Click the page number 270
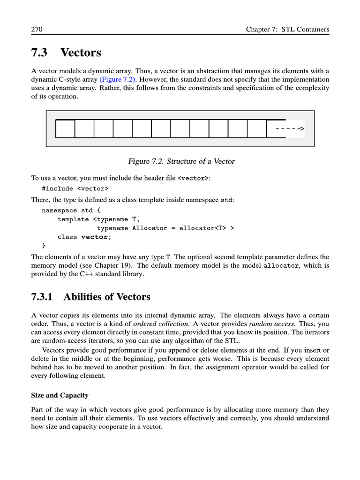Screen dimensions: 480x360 point(37,30)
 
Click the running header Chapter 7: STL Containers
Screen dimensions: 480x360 point(287,30)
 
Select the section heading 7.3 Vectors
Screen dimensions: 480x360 point(66,52)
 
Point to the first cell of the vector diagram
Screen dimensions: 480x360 point(65,129)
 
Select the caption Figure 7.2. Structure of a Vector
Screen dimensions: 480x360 point(181,161)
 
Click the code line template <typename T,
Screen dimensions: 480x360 point(98,219)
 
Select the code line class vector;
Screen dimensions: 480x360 point(84,237)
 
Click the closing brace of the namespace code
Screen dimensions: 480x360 point(44,245)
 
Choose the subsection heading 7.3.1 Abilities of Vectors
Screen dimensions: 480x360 point(90,297)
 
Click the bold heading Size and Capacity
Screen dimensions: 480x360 point(60,396)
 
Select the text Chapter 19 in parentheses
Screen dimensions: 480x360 point(112,265)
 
